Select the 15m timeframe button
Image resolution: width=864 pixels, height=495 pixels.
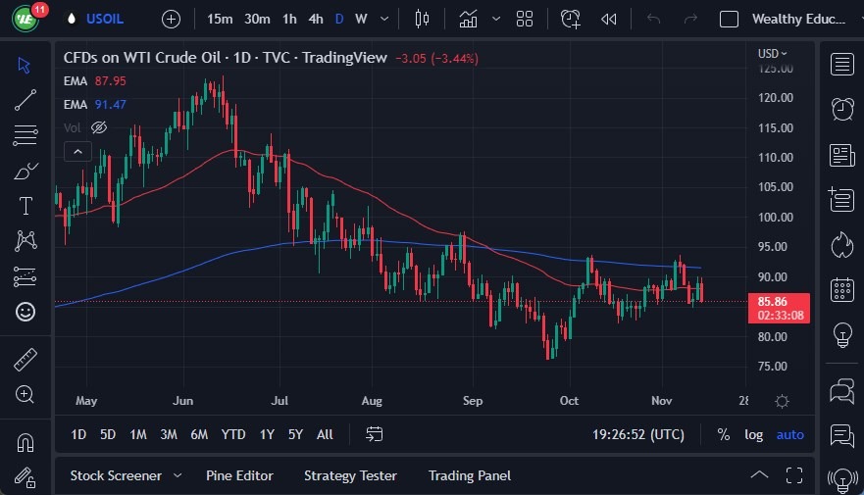(x=220, y=19)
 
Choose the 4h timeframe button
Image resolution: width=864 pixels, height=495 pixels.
(x=315, y=19)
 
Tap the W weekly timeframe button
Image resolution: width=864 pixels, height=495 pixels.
(x=361, y=19)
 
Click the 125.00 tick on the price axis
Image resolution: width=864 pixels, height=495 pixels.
(x=775, y=69)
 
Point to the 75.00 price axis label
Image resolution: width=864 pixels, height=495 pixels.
(x=775, y=367)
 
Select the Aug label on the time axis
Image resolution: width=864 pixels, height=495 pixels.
(x=372, y=401)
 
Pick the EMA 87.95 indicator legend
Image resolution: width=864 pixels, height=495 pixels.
(x=94, y=81)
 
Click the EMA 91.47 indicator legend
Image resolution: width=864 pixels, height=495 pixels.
(x=94, y=104)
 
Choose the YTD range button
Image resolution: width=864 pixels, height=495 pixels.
(x=233, y=434)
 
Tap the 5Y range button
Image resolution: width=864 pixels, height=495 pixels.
(x=295, y=434)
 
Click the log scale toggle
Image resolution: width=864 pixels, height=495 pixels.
(x=753, y=434)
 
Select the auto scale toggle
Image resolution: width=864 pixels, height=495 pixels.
(x=789, y=434)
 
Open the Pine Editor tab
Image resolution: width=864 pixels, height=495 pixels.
(x=239, y=475)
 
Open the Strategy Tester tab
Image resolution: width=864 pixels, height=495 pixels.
(x=350, y=475)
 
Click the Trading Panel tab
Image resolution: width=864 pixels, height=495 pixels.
(x=469, y=475)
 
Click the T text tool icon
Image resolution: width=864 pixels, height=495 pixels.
(x=25, y=206)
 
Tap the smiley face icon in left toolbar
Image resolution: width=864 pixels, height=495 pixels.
(x=25, y=312)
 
